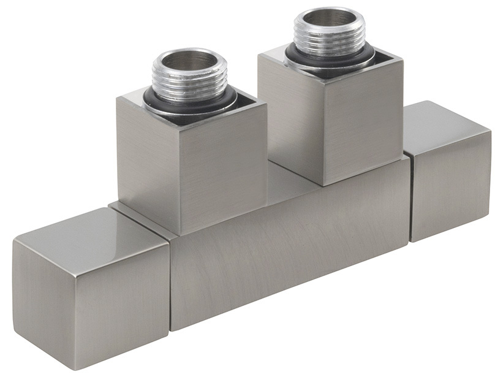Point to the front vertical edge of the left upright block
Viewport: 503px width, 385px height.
click(x=178, y=178)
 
